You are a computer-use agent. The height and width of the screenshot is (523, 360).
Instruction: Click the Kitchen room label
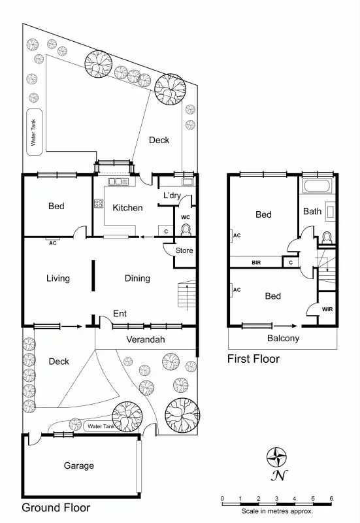(127, 208)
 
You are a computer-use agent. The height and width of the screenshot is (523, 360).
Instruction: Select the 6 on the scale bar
(331, 498)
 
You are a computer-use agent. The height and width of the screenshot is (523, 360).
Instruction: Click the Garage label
(78, 466)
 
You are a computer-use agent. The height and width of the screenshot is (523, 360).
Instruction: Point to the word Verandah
(145, 340)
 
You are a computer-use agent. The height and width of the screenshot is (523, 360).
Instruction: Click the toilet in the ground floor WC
(186, 229)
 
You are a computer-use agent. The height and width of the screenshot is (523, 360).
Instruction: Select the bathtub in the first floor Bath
(318, 188)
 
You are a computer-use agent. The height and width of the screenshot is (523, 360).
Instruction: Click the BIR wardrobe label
(257, 263)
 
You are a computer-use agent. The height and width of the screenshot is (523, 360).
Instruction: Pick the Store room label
(184, 249)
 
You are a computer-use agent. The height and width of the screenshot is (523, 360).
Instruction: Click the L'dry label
(172, 195)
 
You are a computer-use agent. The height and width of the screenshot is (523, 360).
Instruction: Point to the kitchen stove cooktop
(99, 203)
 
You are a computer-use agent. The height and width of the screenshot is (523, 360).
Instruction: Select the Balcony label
(283, 339)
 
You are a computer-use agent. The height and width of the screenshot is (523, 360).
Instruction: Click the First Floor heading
(253, 359)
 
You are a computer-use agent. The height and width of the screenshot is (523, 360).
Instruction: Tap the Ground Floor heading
(56, 507)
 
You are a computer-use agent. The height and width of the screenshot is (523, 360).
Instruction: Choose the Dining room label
(137, 278)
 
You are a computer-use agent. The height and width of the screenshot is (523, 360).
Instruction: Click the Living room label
(58, 278)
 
